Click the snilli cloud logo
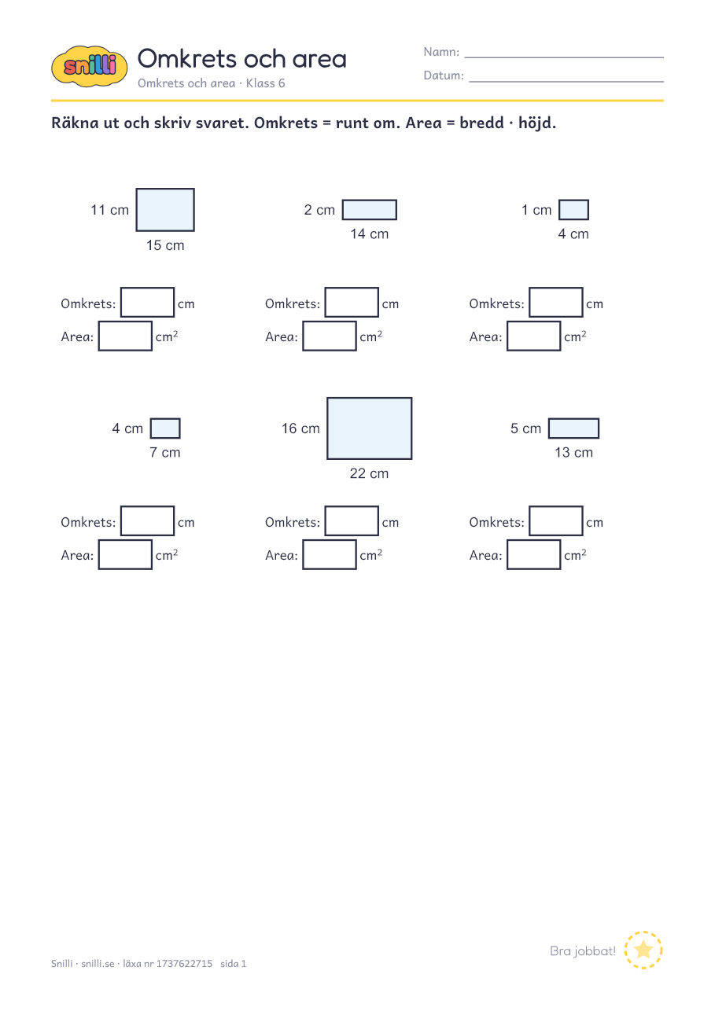pos(90,66)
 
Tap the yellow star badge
pos(643,950)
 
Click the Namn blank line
pos(564,57)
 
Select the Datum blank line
pos(566,81)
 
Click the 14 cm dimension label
pos(370,233)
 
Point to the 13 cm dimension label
pos(573,452)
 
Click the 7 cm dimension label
pos(165,452)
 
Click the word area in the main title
pos(319,60)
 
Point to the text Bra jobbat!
pos(583,951)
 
